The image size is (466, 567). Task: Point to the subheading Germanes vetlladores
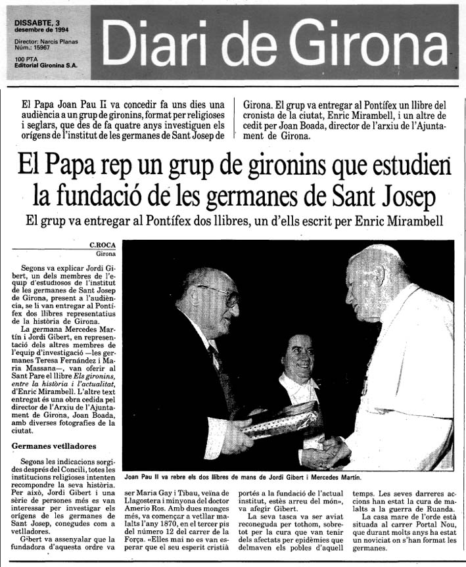tap(49, 446)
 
